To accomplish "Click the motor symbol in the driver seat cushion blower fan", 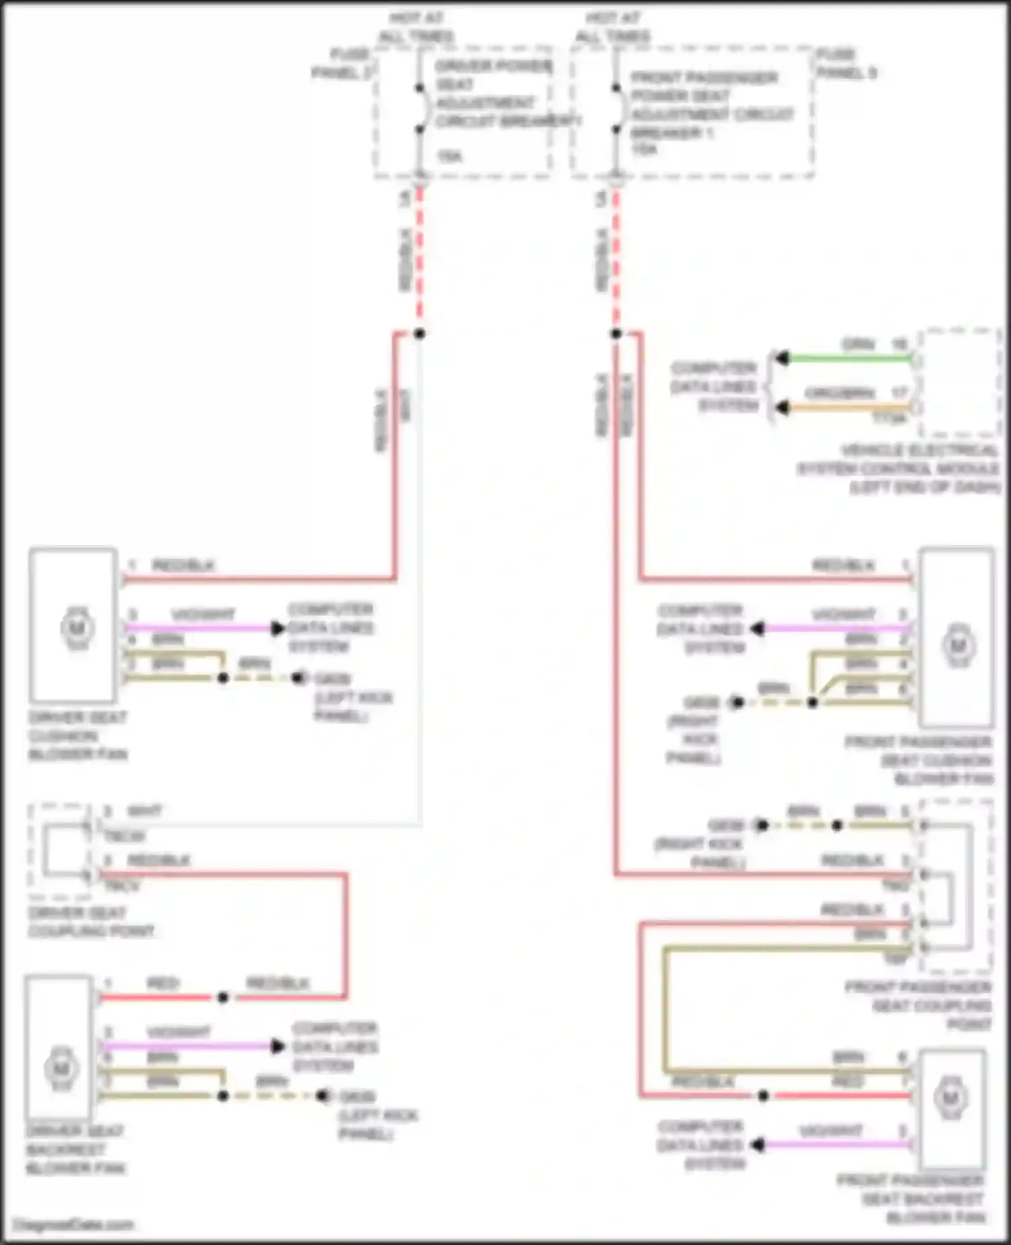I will pyautogui.click(x=77, y=628).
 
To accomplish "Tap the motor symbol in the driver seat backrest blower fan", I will pyautogui.click(x=61, y=1068).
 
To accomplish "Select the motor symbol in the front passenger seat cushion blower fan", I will pyautogui.click(x=958, y=645).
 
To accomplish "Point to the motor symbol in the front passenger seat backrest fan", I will pyautogui.click(x=950, y=1098).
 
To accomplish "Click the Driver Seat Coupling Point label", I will pyautogui.click(x=90, y=922).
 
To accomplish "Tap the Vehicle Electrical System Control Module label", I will pyautogui.click(x=899, y=468).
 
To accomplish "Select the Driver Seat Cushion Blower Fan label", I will pyautogui.click(x=78, y=736).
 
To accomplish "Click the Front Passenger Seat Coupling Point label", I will pyautogui.click(x=919, y=1006).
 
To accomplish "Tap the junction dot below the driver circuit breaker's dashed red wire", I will pyautogui.click(x=419, y=333).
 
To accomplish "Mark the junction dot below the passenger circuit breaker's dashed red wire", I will pyautogui.click(x=616, y=333).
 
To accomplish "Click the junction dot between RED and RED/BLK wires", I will pyautogui.click(x=223, y=997).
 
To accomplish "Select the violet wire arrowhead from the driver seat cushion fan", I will pyautogui.click(x=277, y=628).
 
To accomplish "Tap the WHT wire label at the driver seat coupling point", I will pyautogui.click(x=145, y=811).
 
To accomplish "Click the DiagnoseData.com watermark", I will pyautogui.click(x=73, y=1224).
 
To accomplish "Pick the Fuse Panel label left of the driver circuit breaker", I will pyautogui.click(x=343, y=63).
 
